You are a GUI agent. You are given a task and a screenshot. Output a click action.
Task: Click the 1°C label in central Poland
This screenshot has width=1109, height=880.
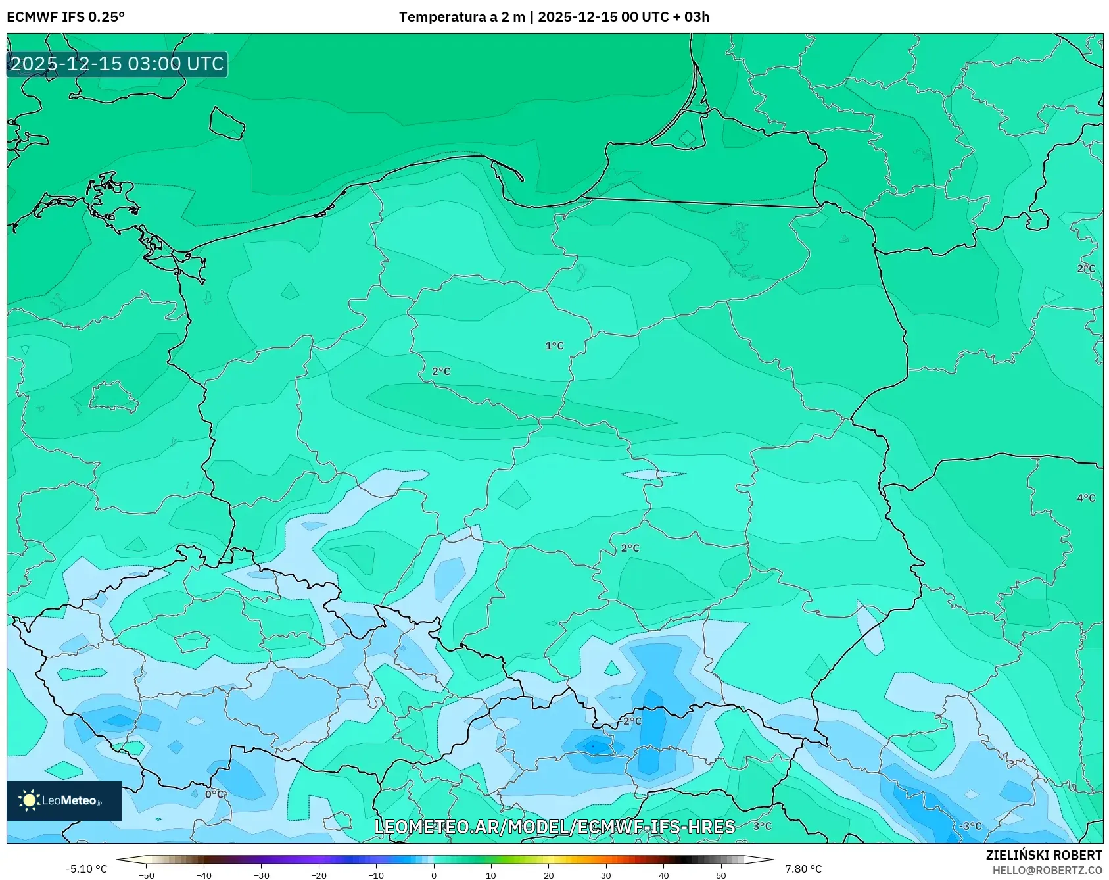point(554,346)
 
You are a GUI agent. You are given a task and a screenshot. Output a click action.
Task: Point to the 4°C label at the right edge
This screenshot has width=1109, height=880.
point(1086,498)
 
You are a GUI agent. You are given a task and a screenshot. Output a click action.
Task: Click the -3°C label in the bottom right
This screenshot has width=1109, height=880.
point(970,826)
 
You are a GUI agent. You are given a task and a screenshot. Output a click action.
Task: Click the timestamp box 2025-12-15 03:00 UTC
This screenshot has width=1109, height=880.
point(117,64)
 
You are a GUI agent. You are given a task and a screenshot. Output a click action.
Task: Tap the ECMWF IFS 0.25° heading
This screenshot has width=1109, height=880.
point(66,17)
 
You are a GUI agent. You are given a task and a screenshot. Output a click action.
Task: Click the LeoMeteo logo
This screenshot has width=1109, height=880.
point(64,800)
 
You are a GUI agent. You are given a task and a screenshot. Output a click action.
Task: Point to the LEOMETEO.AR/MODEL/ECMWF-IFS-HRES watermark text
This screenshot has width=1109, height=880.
point(554,827)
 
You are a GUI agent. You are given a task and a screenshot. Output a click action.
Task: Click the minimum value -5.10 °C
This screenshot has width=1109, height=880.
point(86,869)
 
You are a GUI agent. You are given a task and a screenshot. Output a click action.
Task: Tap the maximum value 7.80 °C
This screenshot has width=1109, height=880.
point(803,869)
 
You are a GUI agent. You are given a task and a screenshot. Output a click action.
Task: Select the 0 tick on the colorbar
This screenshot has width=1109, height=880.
point(433,875)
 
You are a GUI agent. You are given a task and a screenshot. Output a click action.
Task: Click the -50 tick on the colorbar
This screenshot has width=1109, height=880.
point(147,875)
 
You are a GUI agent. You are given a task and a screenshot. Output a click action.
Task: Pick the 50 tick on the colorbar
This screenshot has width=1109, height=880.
point(721,875)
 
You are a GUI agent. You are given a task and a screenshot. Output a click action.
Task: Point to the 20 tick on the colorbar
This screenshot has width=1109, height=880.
point(548,875)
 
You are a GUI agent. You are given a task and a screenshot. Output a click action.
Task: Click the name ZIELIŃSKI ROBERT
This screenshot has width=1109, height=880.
point(1043,855)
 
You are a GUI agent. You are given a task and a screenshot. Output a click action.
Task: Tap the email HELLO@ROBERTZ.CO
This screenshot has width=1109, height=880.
point(1047,870)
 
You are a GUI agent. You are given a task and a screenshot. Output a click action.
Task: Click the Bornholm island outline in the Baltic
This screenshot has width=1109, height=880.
point(227,124)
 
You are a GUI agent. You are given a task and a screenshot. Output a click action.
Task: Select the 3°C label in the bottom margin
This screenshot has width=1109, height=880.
point(762,826)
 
